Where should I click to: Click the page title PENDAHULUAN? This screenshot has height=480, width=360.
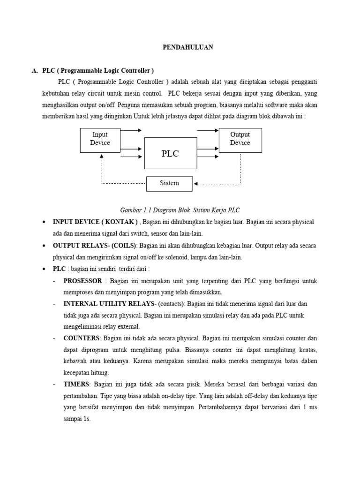(187, 47)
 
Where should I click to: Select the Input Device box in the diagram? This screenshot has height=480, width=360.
(100, 139)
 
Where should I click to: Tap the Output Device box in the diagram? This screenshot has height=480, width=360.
(240, 139)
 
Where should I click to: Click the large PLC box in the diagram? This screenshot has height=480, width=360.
(170, 153)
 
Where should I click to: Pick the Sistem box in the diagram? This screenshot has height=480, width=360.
(169, 183)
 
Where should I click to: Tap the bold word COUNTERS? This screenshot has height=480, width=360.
(82, 338)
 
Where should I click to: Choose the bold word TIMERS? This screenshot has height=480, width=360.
(76, 384)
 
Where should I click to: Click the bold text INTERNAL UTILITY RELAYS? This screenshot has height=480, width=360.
(105, 304)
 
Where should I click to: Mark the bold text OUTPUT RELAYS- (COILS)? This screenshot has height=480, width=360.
(94, 246)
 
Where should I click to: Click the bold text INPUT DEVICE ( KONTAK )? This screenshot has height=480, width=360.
(95, 222)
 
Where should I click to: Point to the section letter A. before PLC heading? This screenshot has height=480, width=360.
(34, 71)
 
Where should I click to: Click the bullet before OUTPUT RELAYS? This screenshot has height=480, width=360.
(44, 246)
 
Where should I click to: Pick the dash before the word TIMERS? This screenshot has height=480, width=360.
(55, 384)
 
